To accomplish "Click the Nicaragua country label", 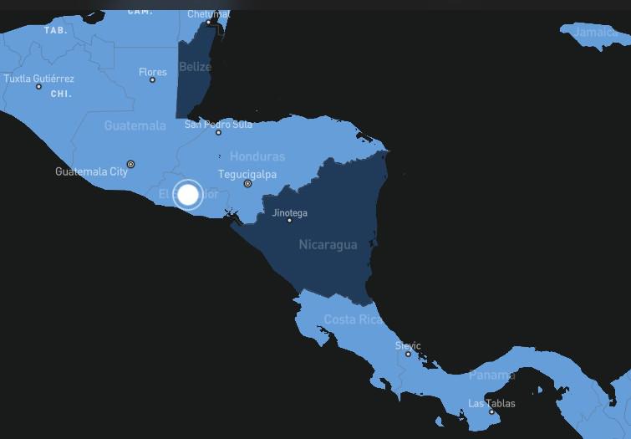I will [328, 245].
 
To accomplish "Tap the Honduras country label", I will [257, 156].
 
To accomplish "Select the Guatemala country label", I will [135, 125].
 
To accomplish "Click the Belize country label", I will [195, 67].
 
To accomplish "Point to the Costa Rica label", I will [353, 319].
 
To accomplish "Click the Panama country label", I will [491, 375].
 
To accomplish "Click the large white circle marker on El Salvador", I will [189, 195].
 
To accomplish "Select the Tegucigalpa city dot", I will [247, 184].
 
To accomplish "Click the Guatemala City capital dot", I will [130, 164].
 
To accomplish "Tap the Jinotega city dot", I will [289, 221].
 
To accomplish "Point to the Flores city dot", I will [152, 80].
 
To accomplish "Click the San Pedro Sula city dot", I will [218, 132].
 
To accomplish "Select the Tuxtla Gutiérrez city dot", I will [38, 86].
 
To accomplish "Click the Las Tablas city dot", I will [491, 411].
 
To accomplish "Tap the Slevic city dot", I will [408, 354].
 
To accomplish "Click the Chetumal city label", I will [208, 14].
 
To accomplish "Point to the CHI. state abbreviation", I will [61, 94].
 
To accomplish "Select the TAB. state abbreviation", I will [55, 29].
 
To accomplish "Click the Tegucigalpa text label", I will [247, 174].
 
